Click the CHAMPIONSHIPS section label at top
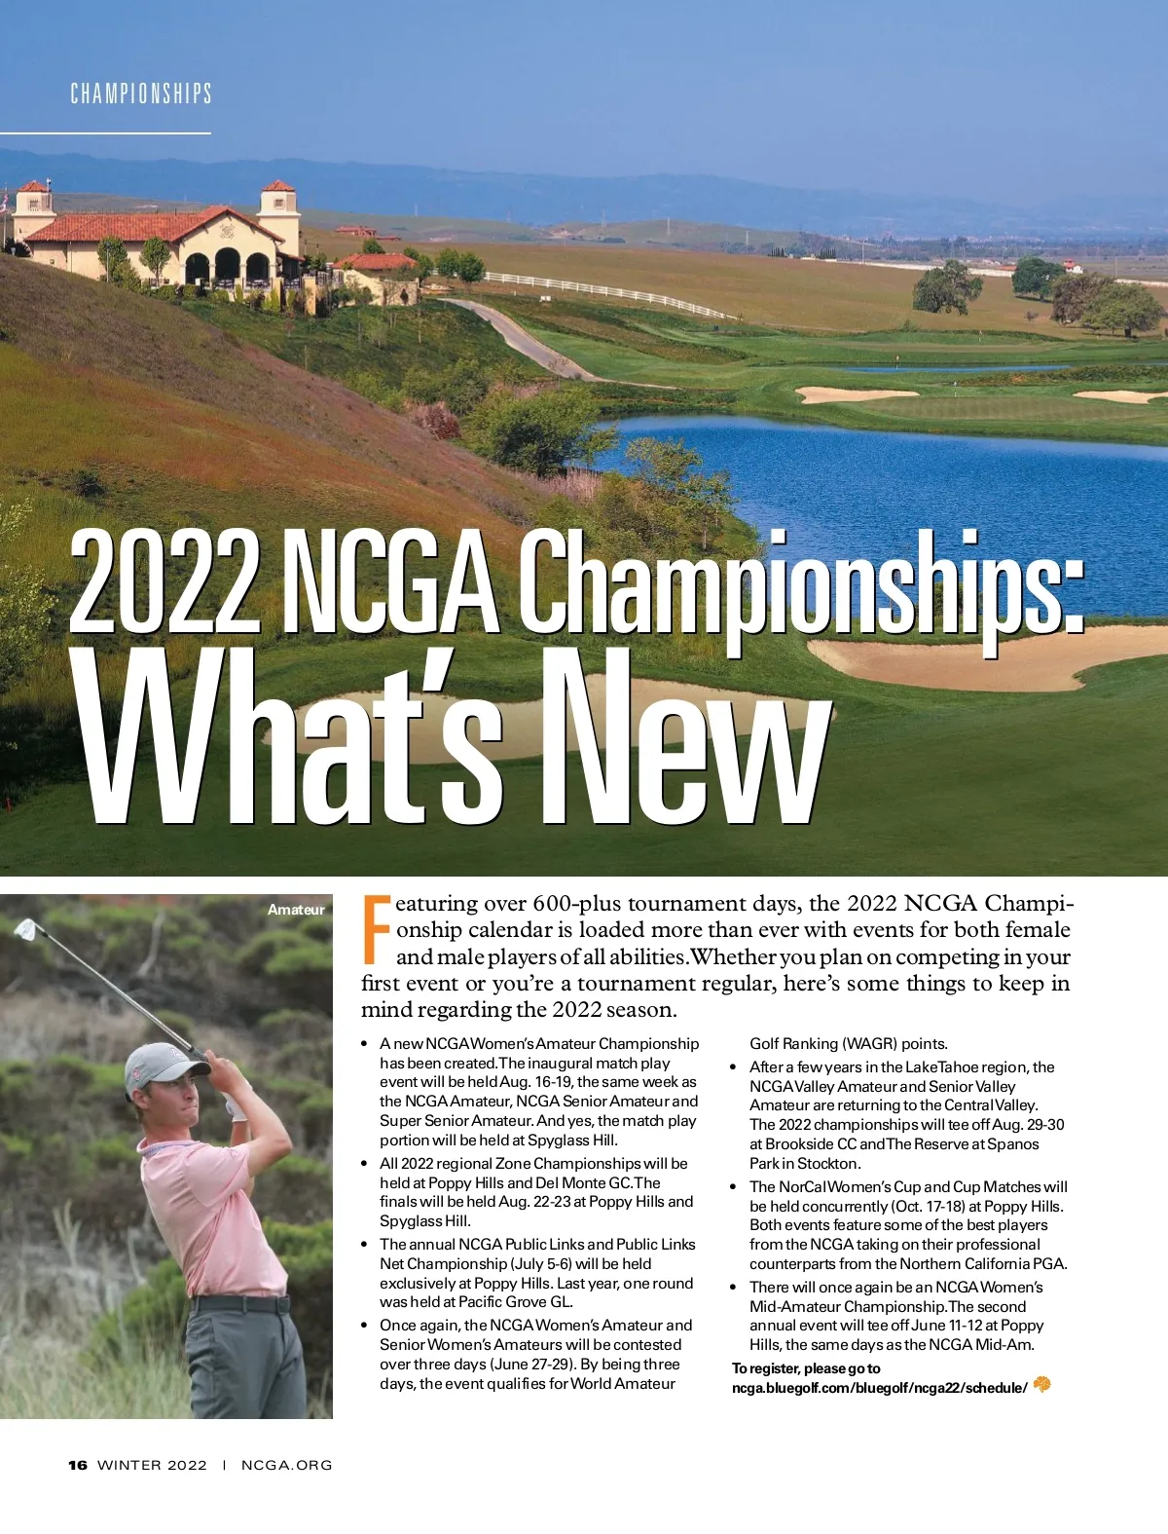point(141,94)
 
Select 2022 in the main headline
point(165,581)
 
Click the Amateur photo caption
point(296,910)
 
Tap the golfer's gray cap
point(161,1066)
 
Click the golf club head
point(26,929)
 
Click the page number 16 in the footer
point(78,1465)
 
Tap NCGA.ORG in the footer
point(286,1465)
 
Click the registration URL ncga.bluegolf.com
point(879,1388)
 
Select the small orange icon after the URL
point(1042,1384)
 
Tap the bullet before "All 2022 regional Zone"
point(364,1164)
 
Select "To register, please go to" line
point(806,1368)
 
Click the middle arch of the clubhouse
point(228,265)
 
